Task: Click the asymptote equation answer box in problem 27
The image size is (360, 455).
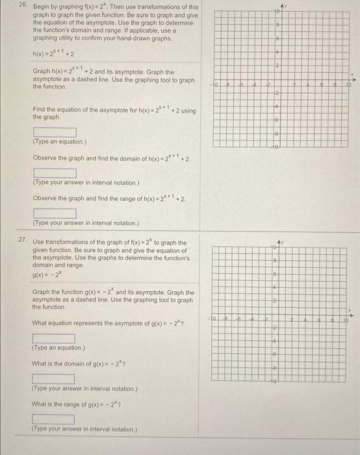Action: pyautogui.click(x=55, y=338)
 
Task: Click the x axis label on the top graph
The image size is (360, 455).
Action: pyautogui.click(x=354, y=77)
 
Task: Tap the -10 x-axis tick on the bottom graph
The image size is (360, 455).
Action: pyautogui.click(x=214, y=320)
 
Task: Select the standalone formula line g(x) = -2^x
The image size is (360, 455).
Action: pyautogui.click(x=47, y=274)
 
